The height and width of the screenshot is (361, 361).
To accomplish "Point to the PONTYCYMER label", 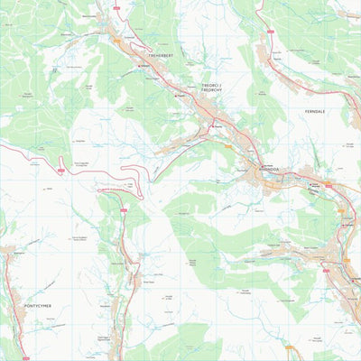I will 37,306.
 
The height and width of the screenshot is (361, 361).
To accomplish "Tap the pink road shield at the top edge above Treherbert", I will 116,7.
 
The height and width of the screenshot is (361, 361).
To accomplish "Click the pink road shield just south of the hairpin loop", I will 124,210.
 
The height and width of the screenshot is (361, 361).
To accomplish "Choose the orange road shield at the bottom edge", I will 289,347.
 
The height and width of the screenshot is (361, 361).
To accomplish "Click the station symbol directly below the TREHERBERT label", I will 139,66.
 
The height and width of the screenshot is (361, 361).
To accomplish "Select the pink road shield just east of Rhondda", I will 329,186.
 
